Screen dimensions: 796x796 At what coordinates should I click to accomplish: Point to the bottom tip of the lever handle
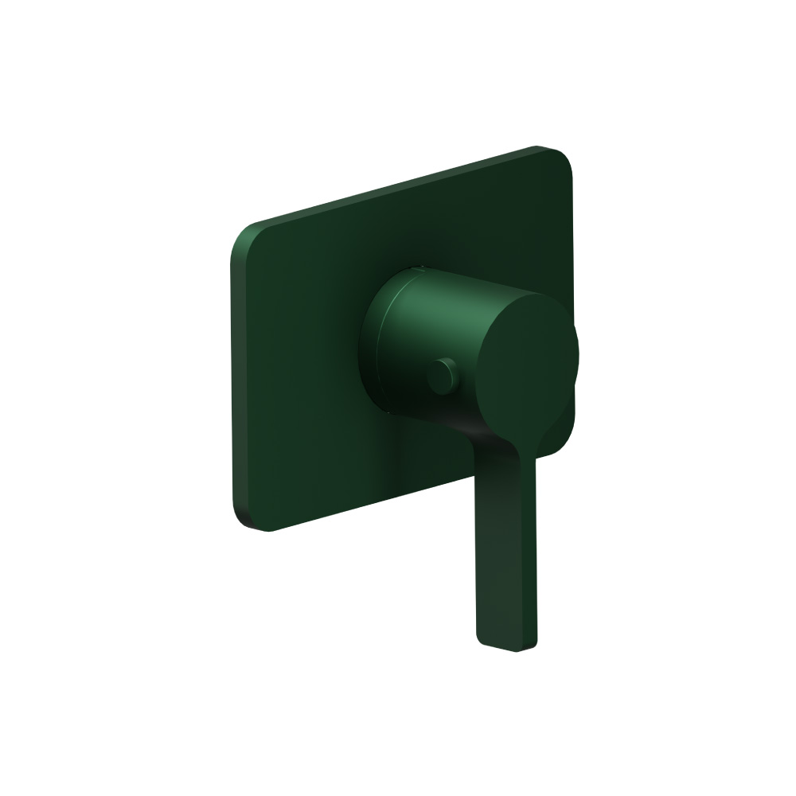pyautogui.click(x=507, y=646)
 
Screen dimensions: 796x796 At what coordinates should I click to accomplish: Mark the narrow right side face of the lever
pyautogui.click(x=532, y=557)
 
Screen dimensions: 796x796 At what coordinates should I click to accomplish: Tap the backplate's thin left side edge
pyautogui.click(x=232, y=374)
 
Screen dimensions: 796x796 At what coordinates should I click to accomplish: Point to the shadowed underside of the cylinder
pyautogui.click(x=430, y=414)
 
